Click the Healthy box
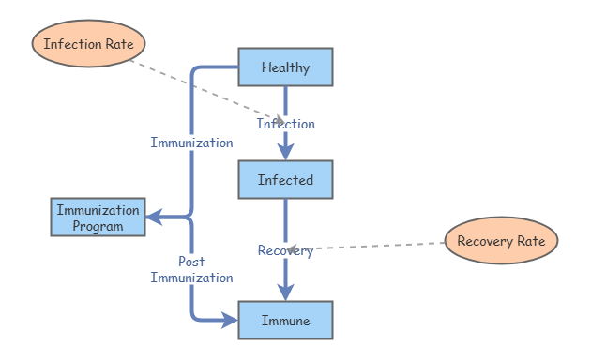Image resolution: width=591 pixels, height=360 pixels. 285,67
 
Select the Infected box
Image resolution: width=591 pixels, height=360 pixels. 285,179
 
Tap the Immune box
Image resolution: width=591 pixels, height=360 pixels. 285,321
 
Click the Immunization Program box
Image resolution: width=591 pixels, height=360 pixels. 98,217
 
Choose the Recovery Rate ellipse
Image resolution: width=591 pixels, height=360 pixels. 501,241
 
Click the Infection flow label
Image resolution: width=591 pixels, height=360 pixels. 286,124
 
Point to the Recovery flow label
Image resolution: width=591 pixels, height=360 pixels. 285,250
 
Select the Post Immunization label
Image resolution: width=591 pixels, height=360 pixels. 191,270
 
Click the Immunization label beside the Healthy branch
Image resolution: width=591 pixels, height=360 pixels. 191,142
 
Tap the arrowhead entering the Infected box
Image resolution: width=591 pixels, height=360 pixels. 285,153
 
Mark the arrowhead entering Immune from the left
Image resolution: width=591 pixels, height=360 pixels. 230,321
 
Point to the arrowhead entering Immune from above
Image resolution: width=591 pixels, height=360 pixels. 285,293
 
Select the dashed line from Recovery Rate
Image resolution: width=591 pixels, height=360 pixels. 375,247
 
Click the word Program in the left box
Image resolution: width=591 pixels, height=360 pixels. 98,226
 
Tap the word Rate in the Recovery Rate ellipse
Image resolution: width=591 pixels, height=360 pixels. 531,241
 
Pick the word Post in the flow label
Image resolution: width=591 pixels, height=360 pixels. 191,262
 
